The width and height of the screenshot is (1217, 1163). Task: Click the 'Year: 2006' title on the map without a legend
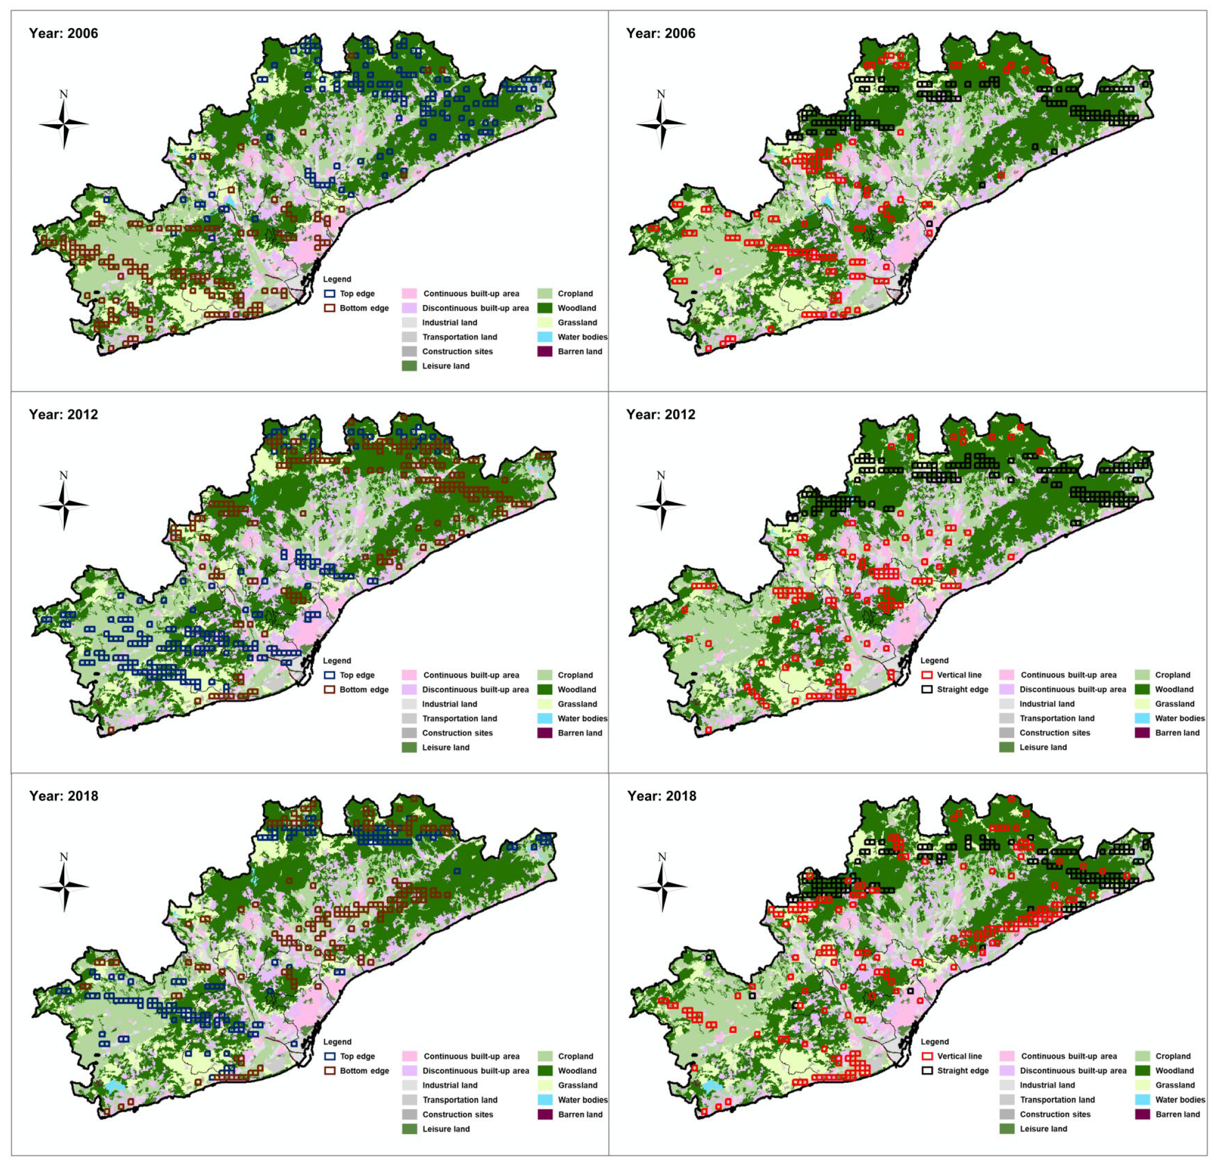tap(660, 33)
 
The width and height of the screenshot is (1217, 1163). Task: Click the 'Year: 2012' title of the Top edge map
tap(63, 414)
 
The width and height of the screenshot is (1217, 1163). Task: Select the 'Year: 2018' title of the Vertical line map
tap(661, 795)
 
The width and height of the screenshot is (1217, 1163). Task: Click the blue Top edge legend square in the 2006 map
tap(330, 294)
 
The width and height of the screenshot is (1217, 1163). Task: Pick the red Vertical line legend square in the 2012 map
tap(927, 674)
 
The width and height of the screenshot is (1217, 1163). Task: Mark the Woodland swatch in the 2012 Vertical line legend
tap(1142, 689)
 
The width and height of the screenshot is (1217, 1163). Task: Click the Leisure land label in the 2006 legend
tap(446, 366)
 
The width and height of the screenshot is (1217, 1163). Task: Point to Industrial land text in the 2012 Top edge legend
tap(450, 704)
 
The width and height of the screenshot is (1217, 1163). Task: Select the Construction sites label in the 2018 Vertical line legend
tap(1055, 1114)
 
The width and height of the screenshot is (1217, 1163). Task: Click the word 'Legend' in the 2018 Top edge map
tap(337, 1042)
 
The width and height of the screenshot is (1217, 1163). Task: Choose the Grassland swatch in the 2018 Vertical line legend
tap(1142, 1085)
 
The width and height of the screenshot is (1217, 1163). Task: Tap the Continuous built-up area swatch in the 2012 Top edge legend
tap(409, 675)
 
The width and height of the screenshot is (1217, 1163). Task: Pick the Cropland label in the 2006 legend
tap(575, 294)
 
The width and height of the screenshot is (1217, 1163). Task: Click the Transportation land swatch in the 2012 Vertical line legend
tap(1006, 718)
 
